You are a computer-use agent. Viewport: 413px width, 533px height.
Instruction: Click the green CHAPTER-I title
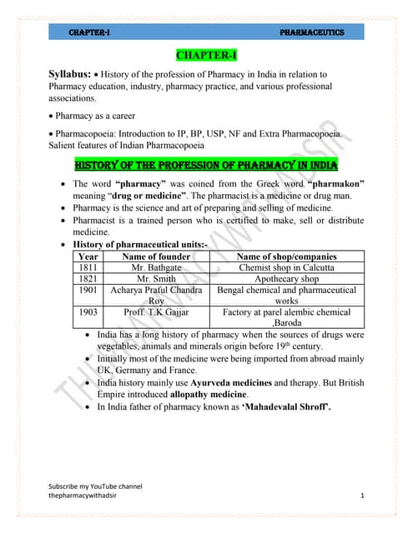click(x=206, y=56)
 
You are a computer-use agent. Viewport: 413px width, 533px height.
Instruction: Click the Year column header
click(x=82, y=257)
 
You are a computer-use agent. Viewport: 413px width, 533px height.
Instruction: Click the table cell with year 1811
click(x=82, y=268)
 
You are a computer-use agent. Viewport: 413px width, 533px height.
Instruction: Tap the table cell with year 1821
click(x=82, y=279)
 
